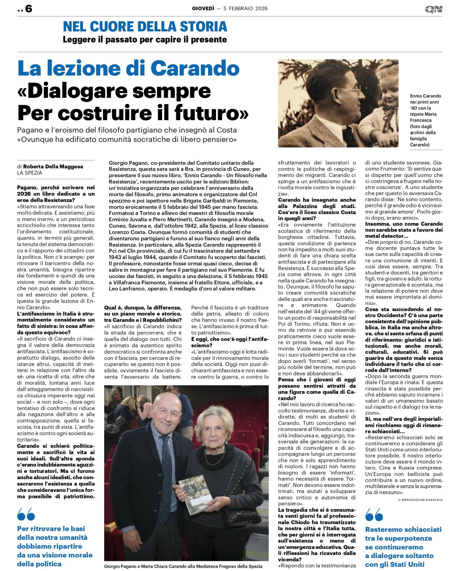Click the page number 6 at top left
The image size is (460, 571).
(28, 9)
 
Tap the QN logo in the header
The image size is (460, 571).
(434, 9)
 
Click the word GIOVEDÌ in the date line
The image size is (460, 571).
(203, 8)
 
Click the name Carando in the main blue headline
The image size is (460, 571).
(195, 68)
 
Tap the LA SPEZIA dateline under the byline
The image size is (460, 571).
(30, 173)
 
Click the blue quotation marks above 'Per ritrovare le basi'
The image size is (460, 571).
(26, 514)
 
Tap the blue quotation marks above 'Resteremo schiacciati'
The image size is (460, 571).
(374, 515)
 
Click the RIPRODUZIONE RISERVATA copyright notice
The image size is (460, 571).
(420, 500)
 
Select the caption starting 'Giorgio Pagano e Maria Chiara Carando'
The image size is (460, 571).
(183, 566)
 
